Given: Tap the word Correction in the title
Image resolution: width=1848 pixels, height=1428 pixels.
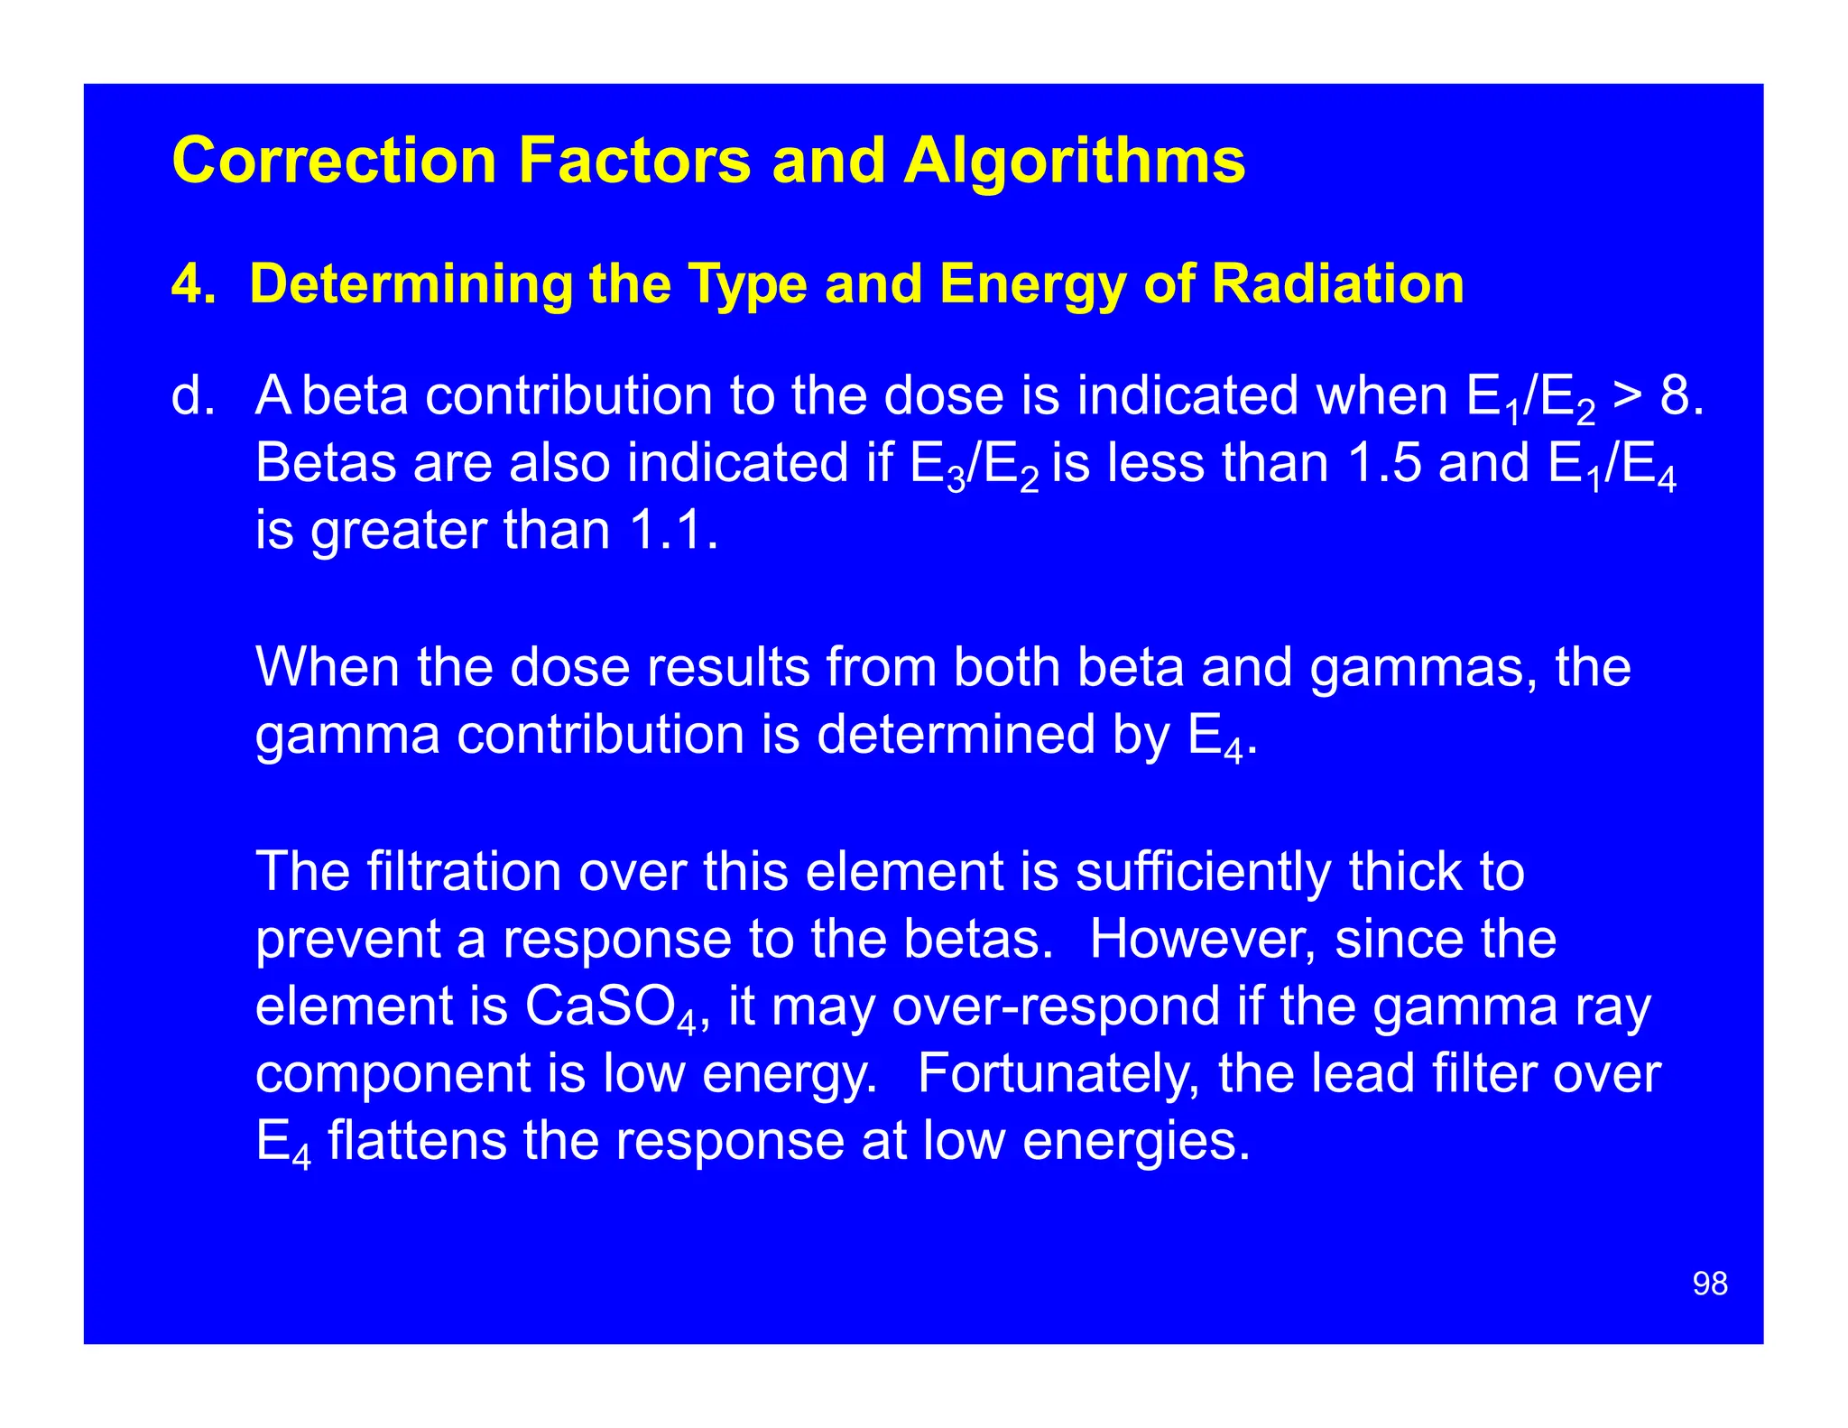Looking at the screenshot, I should [x=334, y=162].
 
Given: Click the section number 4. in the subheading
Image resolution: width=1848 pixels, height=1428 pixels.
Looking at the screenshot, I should [x=193, y=284].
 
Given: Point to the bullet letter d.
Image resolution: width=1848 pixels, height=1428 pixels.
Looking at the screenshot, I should [x=192, y=396].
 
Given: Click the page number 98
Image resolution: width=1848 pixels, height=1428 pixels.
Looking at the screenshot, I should [x=1710, y=1284].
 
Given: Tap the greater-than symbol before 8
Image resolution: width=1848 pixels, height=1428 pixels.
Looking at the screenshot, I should [x=1627, y=398].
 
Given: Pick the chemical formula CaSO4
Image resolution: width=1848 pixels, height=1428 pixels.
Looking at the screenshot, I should [x=610, y=1007].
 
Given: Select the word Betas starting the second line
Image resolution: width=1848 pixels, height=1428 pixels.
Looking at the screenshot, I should [x=326, y=463].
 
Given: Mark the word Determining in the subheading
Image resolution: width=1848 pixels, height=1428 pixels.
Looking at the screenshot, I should [x=411, y=284].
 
